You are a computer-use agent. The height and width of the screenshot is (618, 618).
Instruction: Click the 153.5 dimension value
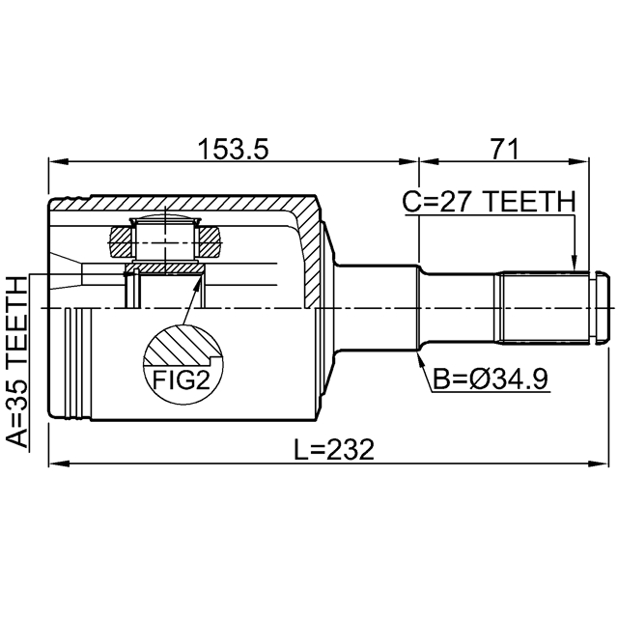pos(234,150)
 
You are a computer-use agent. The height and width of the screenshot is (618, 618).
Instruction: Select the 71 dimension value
pos(503,150)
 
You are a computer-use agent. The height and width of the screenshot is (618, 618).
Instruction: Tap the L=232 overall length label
pos(334,451)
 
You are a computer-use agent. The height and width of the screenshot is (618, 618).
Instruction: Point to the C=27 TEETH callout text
pos(489,201)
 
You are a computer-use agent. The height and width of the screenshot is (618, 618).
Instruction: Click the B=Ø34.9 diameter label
pos(491,379)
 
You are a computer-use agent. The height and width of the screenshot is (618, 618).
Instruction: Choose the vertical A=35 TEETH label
pos(17,362)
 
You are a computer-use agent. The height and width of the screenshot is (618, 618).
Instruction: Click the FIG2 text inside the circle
pos(182,380)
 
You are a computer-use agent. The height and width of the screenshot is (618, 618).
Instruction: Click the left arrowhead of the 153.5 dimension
pos(58,161)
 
